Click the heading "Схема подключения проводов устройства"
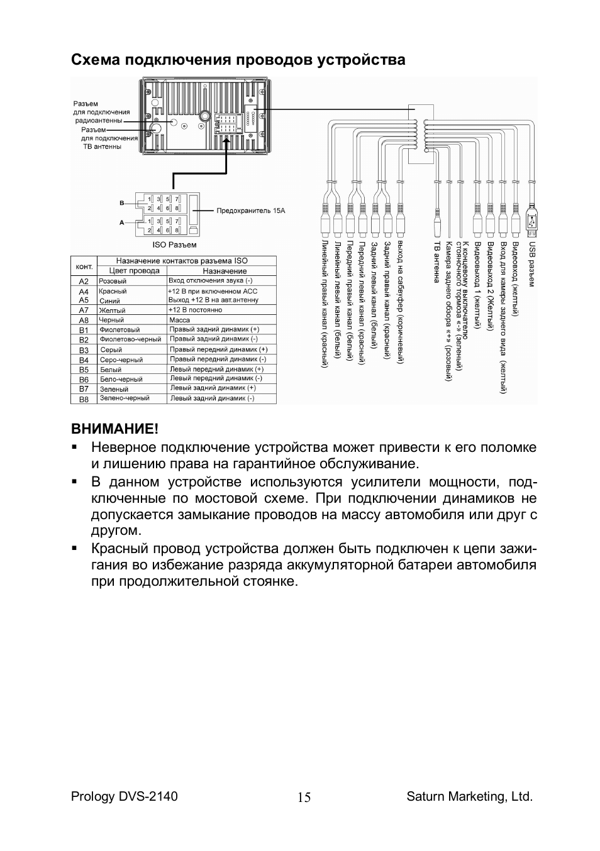[238, 60]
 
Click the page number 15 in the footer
[304, 798]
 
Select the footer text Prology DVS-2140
[125, 796]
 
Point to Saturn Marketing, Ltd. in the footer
[469, 796]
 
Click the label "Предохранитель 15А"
[250, 211]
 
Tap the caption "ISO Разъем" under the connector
[174, 244]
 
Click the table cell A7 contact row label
[84, 310]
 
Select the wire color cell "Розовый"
[113, 282]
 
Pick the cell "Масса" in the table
[180, 320]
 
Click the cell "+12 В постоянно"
[195, 310]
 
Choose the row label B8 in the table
[84, 399]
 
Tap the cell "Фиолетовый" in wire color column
[119, 330]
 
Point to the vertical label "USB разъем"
[531, 265]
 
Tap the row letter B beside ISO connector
[122, 203]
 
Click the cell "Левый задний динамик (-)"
[212, 398]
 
